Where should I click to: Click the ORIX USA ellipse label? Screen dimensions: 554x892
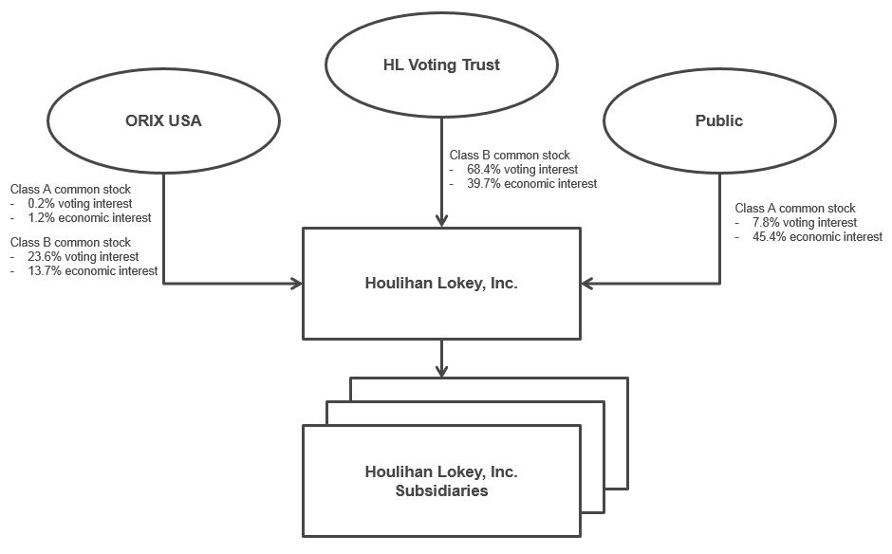(163, 120)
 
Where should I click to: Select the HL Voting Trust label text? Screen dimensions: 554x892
(441, 65)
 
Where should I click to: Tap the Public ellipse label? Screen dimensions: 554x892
(718, 120)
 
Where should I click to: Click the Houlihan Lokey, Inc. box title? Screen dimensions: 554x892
(441, 283)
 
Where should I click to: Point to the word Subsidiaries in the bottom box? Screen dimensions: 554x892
(441, 490)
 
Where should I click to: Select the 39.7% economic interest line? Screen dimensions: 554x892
(531, 183)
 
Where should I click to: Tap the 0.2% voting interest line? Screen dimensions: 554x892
(80, 203)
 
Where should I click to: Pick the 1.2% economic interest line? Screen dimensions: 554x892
(89, 217)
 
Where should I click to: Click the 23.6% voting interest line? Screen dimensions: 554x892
(84, 256)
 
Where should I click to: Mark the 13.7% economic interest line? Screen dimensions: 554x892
(93, 270)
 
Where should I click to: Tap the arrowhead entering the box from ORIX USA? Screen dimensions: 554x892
(296, 283)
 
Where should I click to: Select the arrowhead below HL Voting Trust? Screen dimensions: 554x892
(441, 220)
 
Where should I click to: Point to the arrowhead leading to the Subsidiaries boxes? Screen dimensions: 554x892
(441, 369)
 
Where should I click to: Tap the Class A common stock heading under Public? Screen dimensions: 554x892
(795, 208)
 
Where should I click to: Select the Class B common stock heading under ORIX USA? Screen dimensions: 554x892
(70, 243)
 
